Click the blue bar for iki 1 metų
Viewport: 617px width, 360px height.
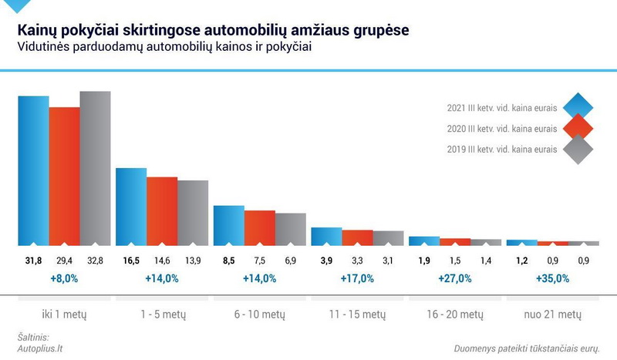pyautogui.click(x=33, y=170)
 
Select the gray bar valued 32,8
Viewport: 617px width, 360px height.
pyautogui.click(x=95, y=167)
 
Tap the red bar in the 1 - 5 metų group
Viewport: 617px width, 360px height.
pyautogui.click(x=162, y=210)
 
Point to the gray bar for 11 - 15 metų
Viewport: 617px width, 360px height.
pyautogui.click(x=388, y=237)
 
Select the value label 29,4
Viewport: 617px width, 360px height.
pyautogui.click(x=64, y=261)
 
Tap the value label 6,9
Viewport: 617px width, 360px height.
pyautogui.click(x=291, y=261)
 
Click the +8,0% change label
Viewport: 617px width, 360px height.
pyautogui.click(x=64, y=278)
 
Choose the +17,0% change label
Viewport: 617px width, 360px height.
pyautogui.click(x=357, y=278)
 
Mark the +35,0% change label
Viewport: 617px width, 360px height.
pyautogui.click(x=552, y=278)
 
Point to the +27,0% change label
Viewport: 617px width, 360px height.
pyautogui.click(x=454, y=278)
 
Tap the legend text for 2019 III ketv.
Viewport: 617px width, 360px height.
pyautogui.click(x=502, y=150)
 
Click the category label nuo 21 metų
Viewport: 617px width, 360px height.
pyautogui.click(x=552, y=315)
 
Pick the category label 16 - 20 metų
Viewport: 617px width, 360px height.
pyautogui.click(x=454, y=315)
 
